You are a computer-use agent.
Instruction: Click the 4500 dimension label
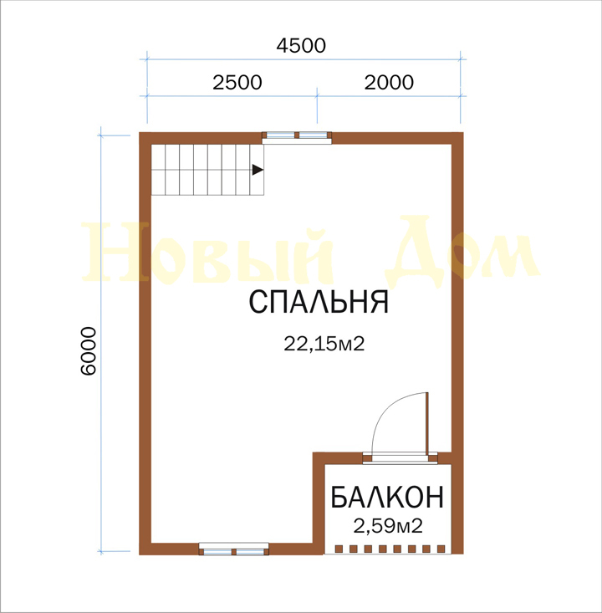(x=301, y=46)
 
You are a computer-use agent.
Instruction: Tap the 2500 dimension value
(x=237, y=83)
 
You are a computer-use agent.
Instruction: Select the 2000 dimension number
(x=389, y=83)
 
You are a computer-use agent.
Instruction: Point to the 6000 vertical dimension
(x=89, y=351)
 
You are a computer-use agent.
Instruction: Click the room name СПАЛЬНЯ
(x=319, y=302)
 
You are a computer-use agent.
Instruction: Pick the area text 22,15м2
(x=324, y=344)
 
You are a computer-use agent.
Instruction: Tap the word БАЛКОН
(x=387, y=498)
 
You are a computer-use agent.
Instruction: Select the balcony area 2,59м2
(x=388, y=526)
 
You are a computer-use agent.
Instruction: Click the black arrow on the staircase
(x=258, y=170)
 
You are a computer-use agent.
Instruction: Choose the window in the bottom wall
(x=234, y=549)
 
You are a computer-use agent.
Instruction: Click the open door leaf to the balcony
(x=427, y=422)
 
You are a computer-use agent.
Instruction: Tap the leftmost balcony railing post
(x=339, y=549)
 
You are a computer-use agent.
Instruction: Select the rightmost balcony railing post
(x=441, y=549)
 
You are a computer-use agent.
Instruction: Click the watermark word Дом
(x=463, y=253)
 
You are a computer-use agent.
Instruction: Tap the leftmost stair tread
(x=158, y=170)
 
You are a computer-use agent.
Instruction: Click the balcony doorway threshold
(x=400, y=458)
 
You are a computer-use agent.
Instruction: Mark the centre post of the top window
(x=297, y=135)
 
